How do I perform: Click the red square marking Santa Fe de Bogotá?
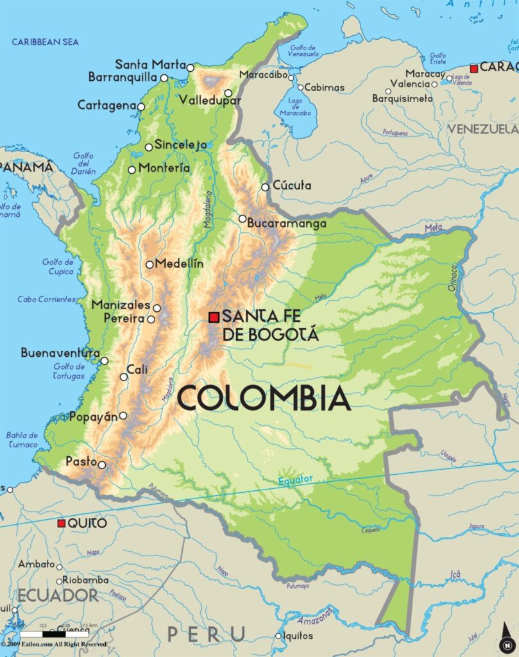coord(214,317)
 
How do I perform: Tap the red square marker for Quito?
coord(62,524)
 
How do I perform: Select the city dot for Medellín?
coord(149,264)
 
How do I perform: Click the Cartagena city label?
coord(106,105)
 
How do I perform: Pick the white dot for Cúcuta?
coord(265,187)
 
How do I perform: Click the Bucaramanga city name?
coord(287,224)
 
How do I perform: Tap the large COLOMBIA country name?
coord(264,398)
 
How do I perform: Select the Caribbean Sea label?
coord(46,42)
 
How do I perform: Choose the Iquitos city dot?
coord(278,636)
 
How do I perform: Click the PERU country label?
coord(207,635)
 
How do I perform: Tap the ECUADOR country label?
coord(58,595)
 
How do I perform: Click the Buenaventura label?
coord(60,354)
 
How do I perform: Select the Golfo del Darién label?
coord(84,164)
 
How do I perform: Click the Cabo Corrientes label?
coord(47,299)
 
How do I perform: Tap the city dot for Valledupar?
coord(228,93)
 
